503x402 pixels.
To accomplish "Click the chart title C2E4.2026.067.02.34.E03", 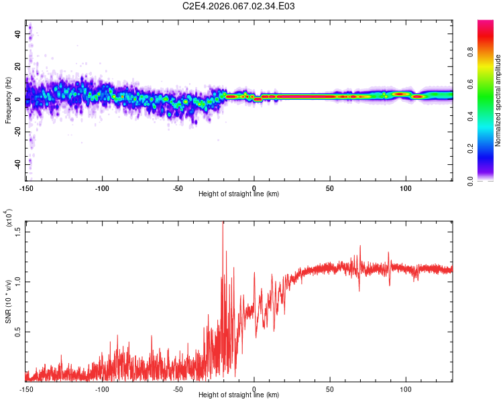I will click(239, 7).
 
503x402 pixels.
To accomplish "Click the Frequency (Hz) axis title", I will click(8, 100).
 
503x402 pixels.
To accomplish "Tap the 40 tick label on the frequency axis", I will click(18, 33).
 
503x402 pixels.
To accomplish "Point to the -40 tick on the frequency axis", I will click(17, 164).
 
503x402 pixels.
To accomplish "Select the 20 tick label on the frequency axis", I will click(18, 66).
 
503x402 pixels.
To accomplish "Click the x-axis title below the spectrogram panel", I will click(239, 194).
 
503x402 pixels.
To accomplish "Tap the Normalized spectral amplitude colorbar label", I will click(498, 100).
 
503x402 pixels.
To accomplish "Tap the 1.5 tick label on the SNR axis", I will click(18, 231).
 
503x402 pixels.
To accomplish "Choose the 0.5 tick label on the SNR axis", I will click(18, 332).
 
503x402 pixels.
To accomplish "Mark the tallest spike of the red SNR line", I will click(223, 222).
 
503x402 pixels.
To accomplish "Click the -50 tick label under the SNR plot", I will click(178, 388).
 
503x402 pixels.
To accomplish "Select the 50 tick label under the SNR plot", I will click(330, 388).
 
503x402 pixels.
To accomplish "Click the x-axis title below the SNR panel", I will click(239, 395).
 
